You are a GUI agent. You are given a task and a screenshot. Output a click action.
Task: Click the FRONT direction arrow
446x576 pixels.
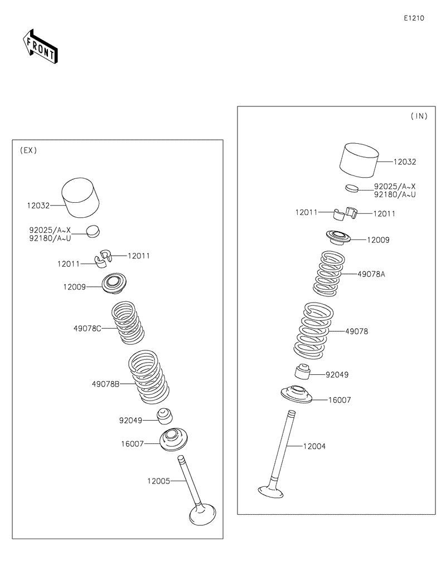(x=40, y=47)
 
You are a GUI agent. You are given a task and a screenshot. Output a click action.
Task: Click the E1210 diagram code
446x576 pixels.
(x=414, y=18)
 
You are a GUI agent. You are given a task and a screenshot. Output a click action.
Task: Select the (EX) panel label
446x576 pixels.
(x=28, y=150)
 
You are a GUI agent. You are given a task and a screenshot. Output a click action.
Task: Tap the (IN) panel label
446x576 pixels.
(x=419, y=116)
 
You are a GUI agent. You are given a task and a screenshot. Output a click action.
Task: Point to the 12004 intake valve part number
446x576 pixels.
(x=314, y=446)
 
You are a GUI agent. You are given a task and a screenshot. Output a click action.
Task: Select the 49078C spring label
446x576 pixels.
(x=87, y=328)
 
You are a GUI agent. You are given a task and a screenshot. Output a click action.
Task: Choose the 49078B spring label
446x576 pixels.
(x=106, y=383)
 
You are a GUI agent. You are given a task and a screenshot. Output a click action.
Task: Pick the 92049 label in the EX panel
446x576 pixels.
(x=130, y=421)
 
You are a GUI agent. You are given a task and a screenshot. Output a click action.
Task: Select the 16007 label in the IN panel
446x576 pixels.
(x=340, y=400)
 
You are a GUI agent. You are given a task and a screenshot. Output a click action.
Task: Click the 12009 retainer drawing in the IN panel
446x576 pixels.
(x=338, y=237)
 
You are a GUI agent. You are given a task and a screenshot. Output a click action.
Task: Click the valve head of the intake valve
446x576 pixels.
(x=272, y=491)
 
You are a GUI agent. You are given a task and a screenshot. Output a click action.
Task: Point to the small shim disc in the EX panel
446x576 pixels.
(x=93, y=230)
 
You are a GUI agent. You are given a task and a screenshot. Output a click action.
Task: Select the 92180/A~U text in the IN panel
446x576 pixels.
(x=395, y=195)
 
